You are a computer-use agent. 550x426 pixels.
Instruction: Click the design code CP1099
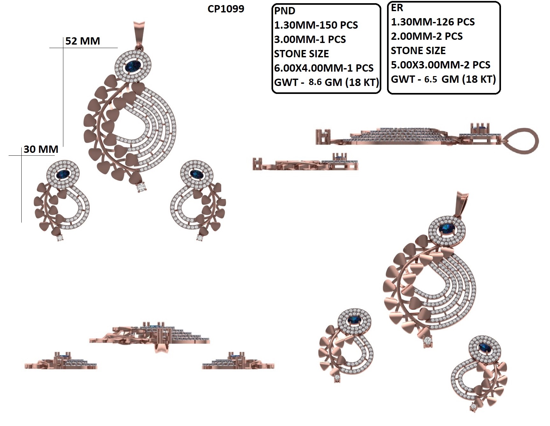[226, 9]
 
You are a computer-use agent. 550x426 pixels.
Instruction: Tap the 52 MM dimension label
[83, 41]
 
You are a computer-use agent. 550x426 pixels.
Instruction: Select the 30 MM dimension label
[41, 149]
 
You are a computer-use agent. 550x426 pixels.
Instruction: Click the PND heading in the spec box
[285, 11]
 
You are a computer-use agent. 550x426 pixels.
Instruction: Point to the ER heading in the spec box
[397, 8]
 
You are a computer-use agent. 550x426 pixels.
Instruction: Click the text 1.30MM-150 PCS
[316, 25]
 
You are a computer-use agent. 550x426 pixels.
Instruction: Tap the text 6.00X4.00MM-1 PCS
[324, 68]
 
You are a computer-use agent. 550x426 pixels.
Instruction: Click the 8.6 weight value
[315, 82]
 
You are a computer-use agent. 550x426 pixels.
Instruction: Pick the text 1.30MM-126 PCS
[433, 22]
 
